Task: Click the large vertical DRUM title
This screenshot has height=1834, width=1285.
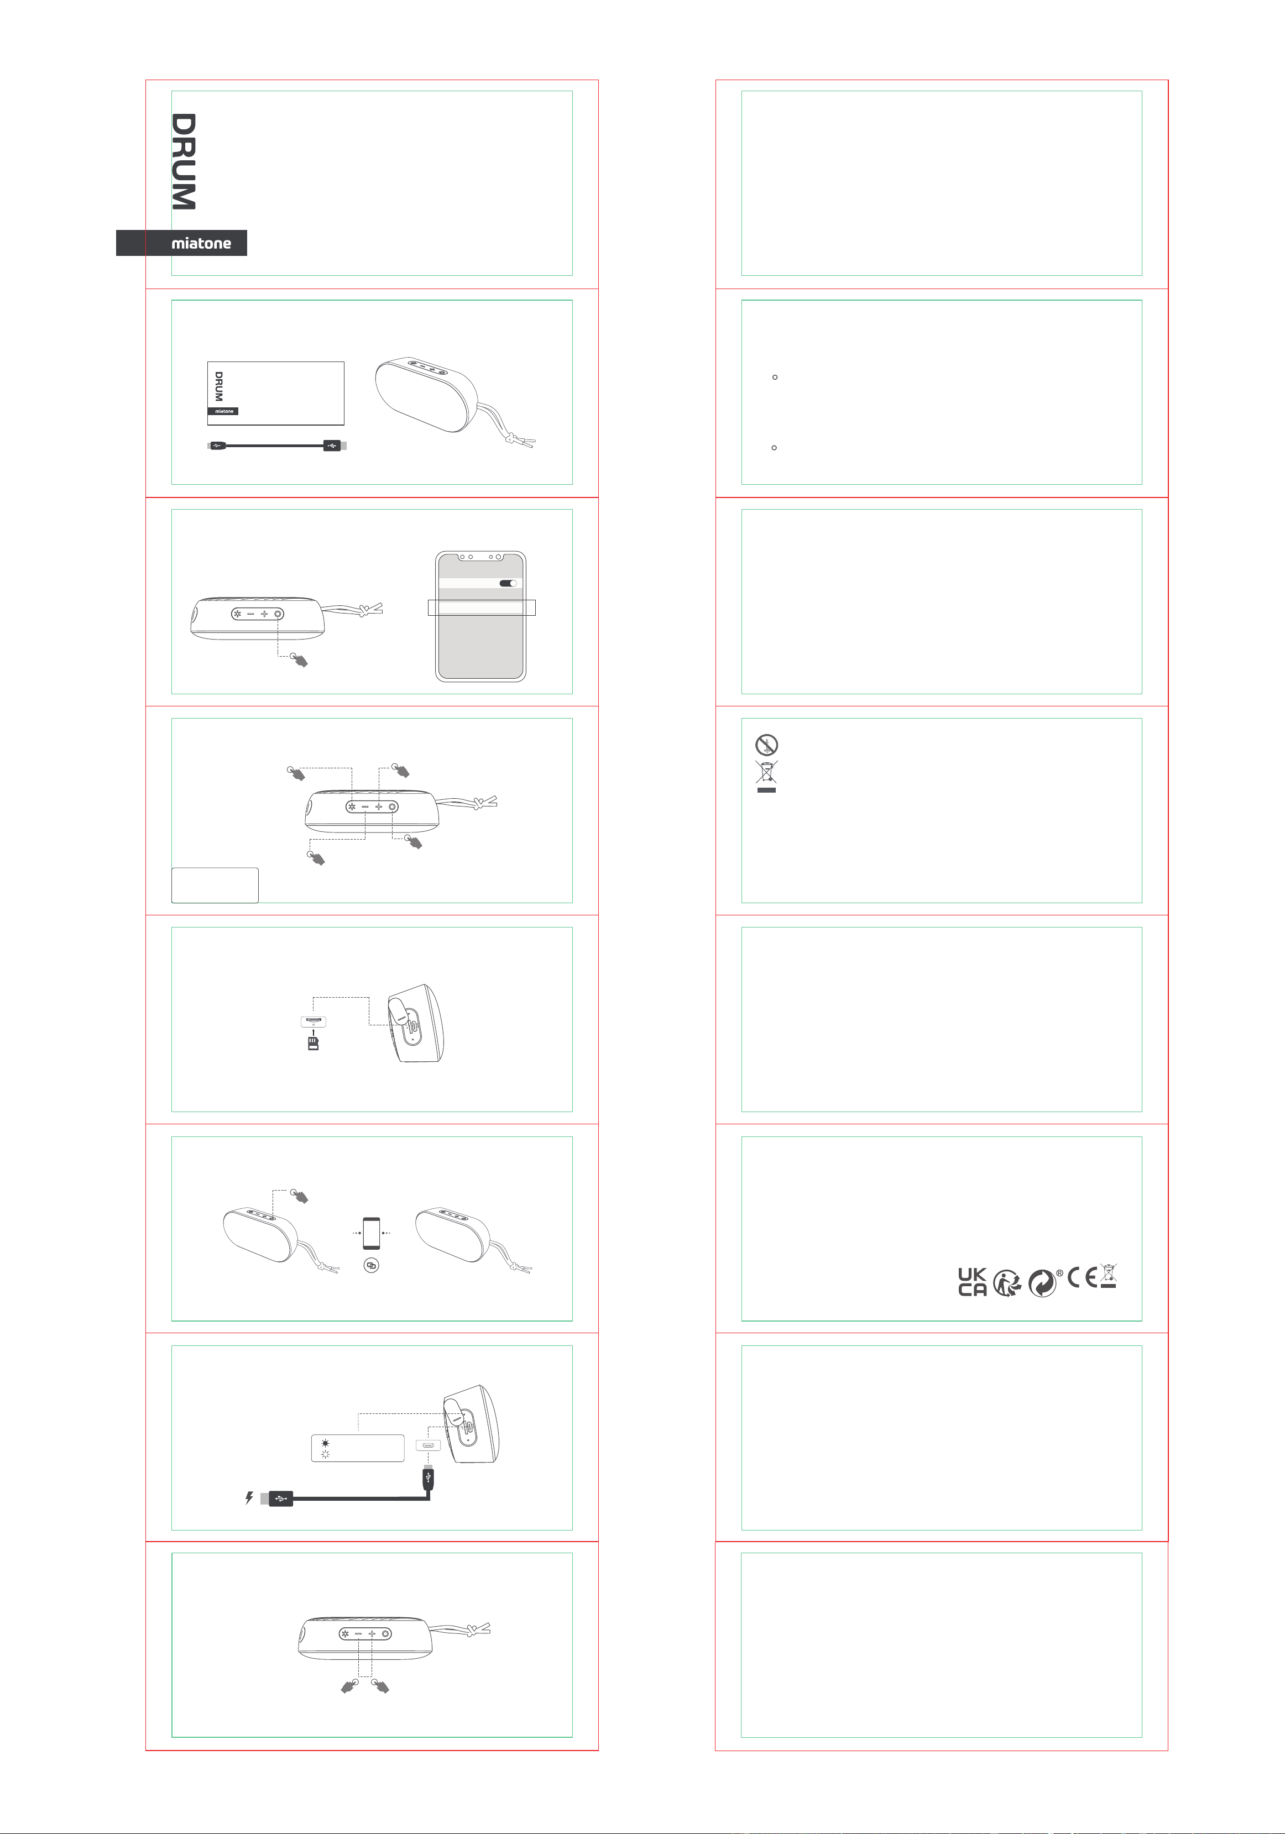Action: [x=184, y=161]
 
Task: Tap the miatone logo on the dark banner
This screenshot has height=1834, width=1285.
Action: [x=201, y=243]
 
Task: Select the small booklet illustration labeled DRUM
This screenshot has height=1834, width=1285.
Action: [x=276, y=393]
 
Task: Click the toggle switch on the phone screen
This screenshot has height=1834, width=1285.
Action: [x=508, y=583]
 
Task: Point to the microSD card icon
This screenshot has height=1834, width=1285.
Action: [x=314, y=1043]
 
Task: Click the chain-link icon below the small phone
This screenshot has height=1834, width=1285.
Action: [x=371, y=1265]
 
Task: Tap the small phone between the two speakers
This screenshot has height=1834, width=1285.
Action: [x=372, y=1233]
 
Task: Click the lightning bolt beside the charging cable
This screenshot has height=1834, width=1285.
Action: [x=249, y=1498]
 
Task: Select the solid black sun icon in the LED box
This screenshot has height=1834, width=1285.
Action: [x=325, y=1443]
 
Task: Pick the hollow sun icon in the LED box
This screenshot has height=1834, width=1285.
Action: [x=325, y=1454]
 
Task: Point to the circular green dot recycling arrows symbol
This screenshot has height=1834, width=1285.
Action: [x=1042, y=1283]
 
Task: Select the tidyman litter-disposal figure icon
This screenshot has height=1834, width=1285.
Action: [x=1007, y=1283]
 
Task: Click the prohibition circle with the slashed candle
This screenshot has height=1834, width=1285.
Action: [x=766, y=745]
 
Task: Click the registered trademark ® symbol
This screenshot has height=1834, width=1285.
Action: [x=1059, y=1274]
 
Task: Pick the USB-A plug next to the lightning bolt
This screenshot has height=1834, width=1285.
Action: [x=276, y=1498]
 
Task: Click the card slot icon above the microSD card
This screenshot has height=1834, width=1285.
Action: [x=314, y=1021]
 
